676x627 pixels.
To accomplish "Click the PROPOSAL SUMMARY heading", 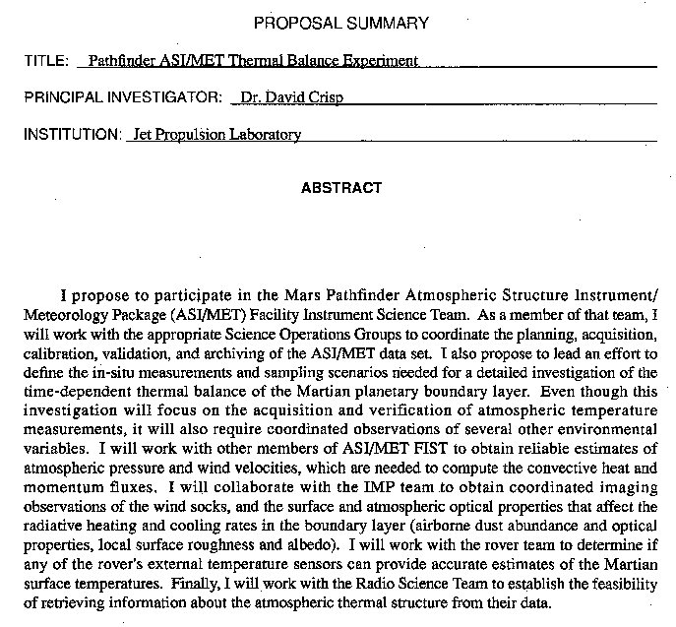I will click(x=340, y=23).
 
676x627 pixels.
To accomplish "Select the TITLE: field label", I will click(x=46, y=61).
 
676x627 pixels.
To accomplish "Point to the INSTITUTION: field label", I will click(x=71, y=135).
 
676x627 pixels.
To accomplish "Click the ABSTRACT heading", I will click(x=341, y=187).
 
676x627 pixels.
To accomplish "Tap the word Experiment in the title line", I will click(x=383, y=61).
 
